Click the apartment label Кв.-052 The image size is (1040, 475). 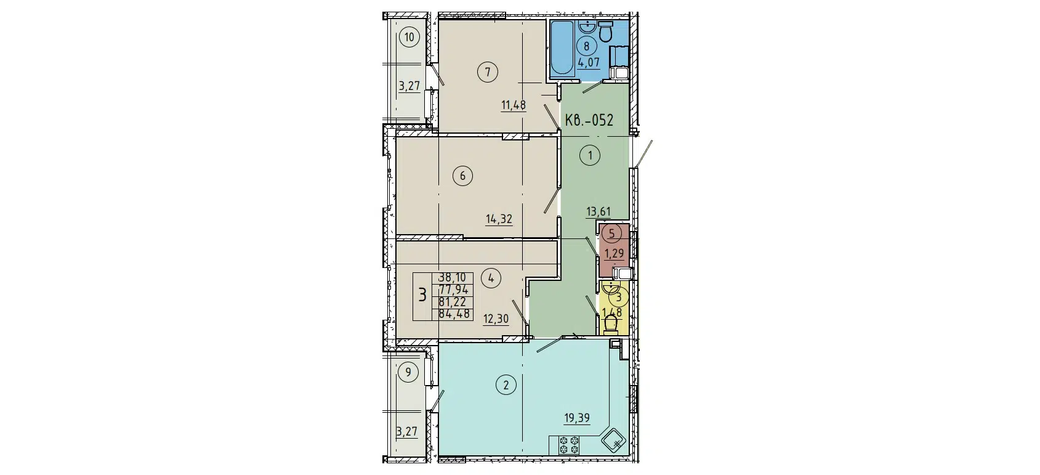(589, 120)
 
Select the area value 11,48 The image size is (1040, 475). (513, 105)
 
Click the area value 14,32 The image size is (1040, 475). (499, 219)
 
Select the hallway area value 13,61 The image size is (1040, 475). (598, 213)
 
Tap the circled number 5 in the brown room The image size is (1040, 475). (611, 233)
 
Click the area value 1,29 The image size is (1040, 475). (614, 253)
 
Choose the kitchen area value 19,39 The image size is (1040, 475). (577, 418)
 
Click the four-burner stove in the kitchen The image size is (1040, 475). (566, 445)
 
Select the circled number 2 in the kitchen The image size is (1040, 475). (506, 386)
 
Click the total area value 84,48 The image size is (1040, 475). (454, 314)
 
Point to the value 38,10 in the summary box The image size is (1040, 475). (452, 278)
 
